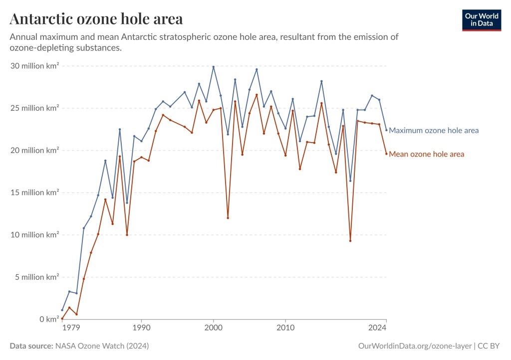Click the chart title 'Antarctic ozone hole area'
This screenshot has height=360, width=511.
[96, 19]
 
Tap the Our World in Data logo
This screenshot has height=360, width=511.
[481, 20]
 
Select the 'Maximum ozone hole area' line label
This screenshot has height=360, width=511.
[433, 131]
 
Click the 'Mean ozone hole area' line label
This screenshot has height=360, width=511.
[426, 154]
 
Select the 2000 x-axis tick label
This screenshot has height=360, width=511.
[214, 328]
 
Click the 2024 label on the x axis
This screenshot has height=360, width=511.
[378, 328]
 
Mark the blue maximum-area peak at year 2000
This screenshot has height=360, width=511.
[214, 67]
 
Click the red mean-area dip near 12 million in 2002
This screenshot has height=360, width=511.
[228, 218]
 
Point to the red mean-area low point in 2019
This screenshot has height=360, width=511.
[350, 241]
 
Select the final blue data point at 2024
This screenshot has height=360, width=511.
[386, 130]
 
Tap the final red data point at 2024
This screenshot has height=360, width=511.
[386, 154]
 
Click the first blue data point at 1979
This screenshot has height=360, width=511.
[62, 310]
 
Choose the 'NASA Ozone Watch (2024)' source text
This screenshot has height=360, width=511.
[101, 346]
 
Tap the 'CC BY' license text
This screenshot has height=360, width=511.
[490, 346]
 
